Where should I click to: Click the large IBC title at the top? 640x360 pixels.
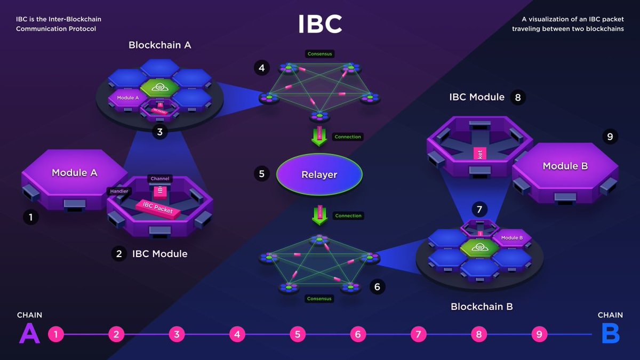pos(319,24)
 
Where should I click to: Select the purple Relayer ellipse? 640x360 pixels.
pos(319,174)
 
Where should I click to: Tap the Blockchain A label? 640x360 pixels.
pos(159,45)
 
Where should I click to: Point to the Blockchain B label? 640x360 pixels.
pos(482,307)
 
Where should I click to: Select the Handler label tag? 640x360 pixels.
pos(118,191)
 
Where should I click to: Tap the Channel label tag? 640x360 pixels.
pos(160,179)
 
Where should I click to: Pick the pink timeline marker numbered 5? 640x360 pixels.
pos(298,334)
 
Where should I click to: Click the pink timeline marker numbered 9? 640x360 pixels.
pos(539,334)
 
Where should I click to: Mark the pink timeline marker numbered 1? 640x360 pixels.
pos(56,334)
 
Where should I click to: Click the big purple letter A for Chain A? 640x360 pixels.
pos(29,334)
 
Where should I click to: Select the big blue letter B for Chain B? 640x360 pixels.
pos(610,334)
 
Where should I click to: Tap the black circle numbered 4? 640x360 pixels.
pos(261,68)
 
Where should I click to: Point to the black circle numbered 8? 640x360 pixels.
pos(516,97)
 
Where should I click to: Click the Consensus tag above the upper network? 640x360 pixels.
pos(319,54)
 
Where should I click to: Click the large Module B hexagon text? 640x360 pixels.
pos(565,166)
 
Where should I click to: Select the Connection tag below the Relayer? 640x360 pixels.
pos(348,216)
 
